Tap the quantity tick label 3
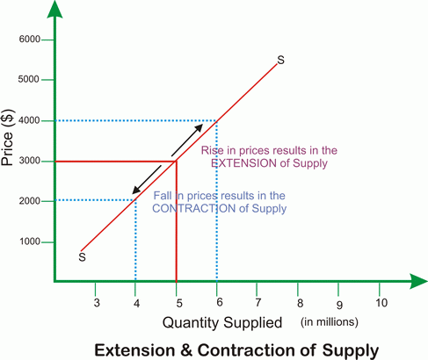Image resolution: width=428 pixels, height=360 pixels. [x=96, y=303]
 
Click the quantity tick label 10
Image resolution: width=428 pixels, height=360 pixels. [x=381, y=303]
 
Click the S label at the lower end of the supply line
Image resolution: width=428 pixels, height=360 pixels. [x=82, y=258]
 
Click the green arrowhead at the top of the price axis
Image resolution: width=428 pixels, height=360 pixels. [x=54, y=11]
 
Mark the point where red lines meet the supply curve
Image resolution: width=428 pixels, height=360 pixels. [x=177, y=161]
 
